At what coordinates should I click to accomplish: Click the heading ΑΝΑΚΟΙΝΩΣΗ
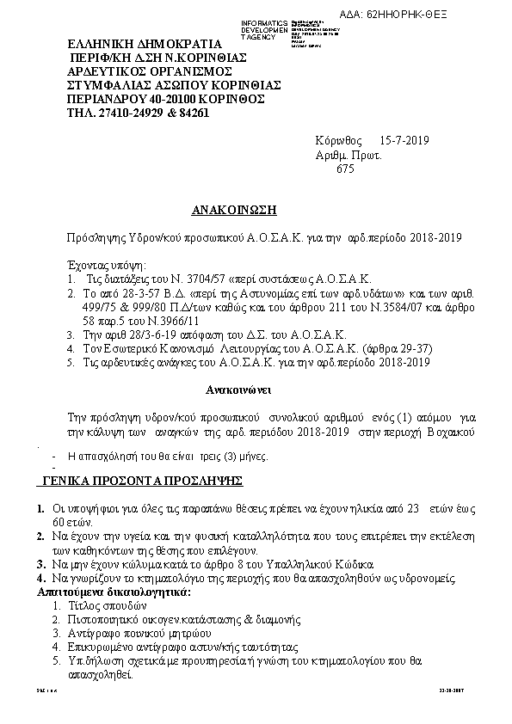point(235,210)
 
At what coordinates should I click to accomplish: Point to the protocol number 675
point(344,169)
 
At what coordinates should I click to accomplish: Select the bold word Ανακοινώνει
point(239,390)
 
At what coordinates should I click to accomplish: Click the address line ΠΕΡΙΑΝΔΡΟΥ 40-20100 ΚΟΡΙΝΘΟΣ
point(165,99)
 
